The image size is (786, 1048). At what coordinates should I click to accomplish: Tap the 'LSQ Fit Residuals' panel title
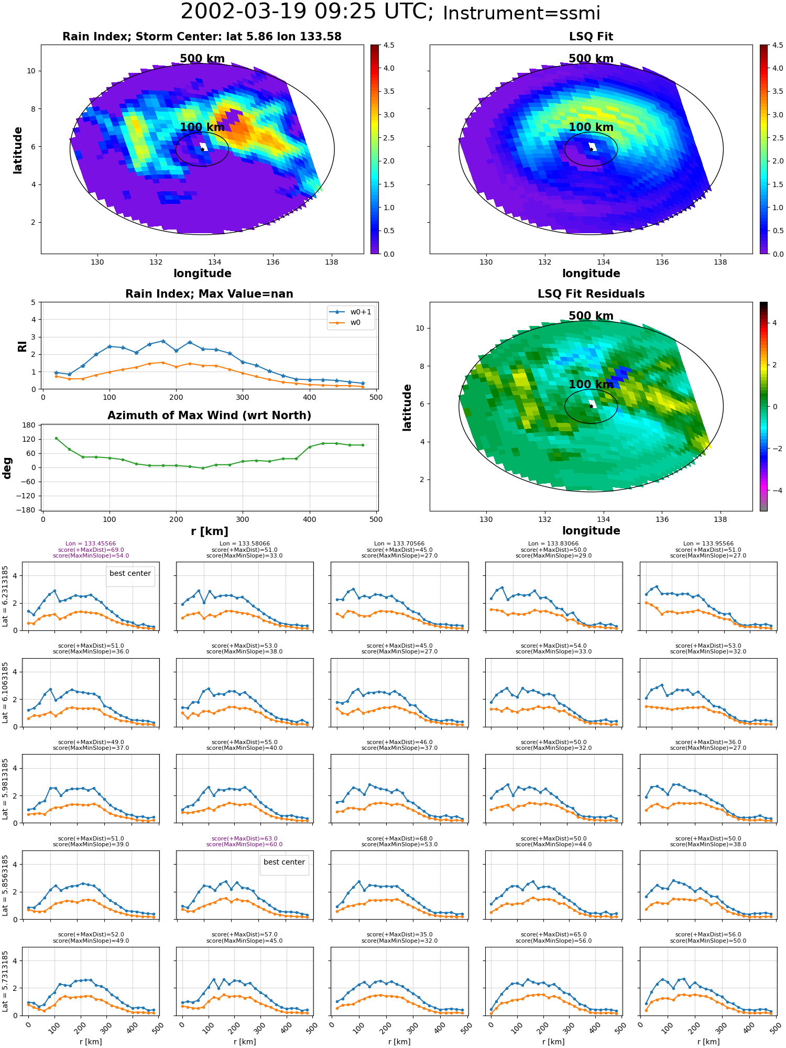click(x=591, y=294)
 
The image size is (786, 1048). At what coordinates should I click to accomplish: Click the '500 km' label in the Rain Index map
click(x=202, y=59)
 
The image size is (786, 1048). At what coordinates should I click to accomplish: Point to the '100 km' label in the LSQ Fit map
click(x=591, y=127)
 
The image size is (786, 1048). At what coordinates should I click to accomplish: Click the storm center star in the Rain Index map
click(x=202, y=149)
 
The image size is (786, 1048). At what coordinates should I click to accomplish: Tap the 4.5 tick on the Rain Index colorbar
click(x=389, y=45)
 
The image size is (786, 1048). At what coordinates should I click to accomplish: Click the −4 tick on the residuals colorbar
click(x=774, y=490)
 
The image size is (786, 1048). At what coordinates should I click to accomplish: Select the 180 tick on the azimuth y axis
click(x=29, y=425)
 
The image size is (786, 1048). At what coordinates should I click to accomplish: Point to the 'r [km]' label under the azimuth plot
click(x=210, y=531)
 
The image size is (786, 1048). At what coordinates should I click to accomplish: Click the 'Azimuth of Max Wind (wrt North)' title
click(x=210, y=416)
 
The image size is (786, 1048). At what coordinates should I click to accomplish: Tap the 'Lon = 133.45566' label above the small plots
click(x=91, y=544)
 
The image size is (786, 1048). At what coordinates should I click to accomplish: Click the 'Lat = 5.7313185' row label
click(x=6, y=981)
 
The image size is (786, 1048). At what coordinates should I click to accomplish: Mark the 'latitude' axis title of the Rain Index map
click(x=18, y=150)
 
